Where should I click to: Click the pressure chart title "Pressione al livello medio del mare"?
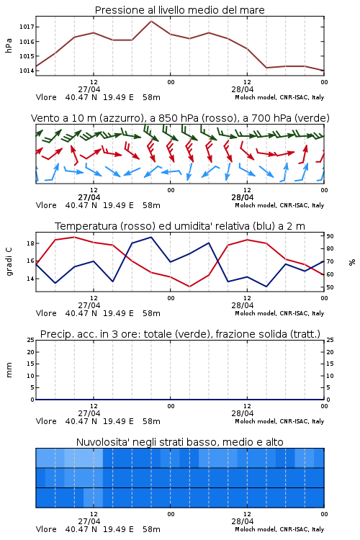179,10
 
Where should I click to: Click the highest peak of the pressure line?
151,21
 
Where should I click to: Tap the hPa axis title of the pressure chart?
9,45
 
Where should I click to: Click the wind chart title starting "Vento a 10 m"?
180,118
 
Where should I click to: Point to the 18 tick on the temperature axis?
30,243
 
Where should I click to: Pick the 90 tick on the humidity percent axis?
330,236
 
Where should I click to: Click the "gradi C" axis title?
9,262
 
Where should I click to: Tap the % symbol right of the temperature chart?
352,262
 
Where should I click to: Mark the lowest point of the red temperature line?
189,287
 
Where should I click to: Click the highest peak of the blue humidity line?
151,237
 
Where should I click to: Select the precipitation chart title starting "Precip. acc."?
180,334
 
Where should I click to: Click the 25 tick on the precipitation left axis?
30,340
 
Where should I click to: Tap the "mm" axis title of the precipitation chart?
9,370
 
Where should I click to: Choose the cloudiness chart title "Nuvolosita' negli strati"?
180,442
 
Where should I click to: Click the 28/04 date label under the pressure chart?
243,89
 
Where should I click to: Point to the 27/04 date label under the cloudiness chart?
89,521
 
